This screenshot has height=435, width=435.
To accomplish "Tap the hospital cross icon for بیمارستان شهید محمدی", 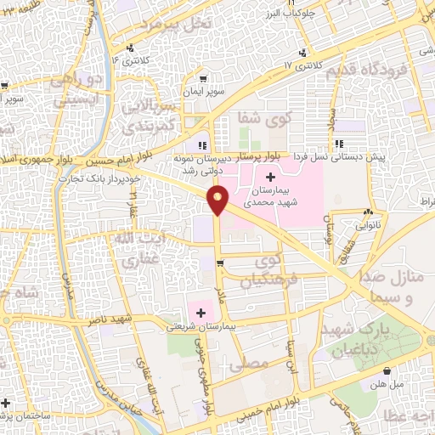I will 270,177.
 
